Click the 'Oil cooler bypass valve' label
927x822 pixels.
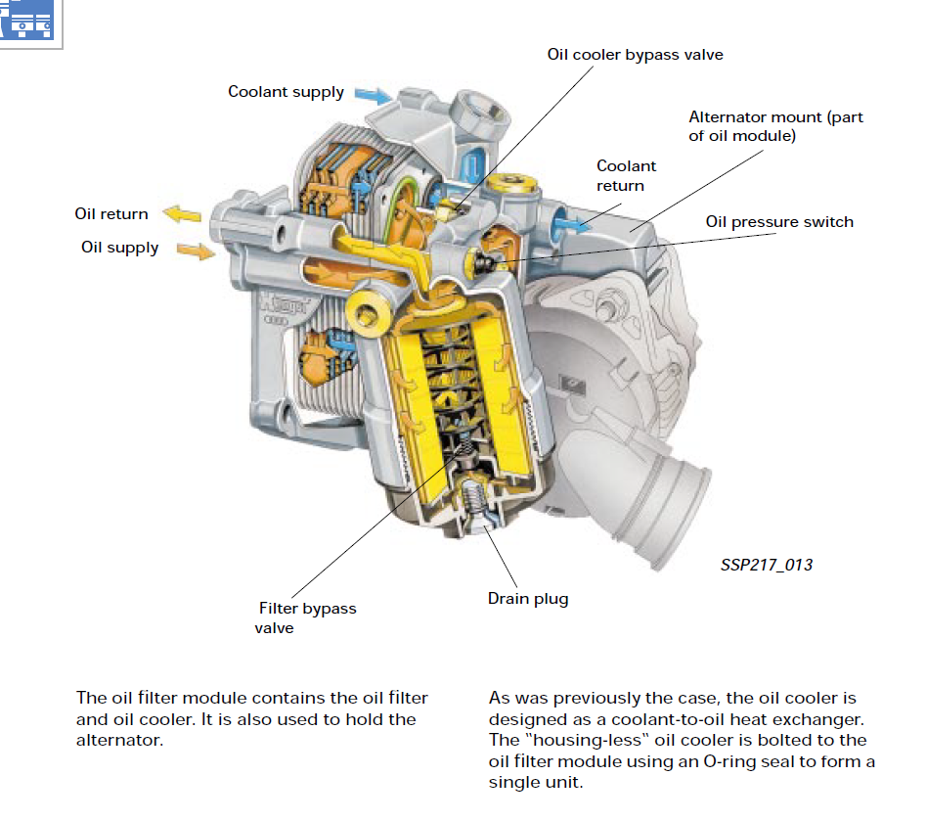pyautogui.click(x=635, y=55)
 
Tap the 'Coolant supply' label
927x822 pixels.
pyautogui.click(x=286, y=92)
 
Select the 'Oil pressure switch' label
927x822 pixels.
pyautogui.click(x=779, y=222)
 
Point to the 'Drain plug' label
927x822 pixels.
pyautogui.click(x=528, y=598)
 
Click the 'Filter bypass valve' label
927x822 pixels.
pyautogui.click(x=307, y=617)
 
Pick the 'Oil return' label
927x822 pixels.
pyautogui.click(x=111, y=214)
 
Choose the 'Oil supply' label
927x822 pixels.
pyautogui.click(x=119, y=248)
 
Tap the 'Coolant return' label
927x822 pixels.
pyautogui.click(x=626, y=175)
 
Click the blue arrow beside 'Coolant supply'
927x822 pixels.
pyautogui.click(x=372, y=95)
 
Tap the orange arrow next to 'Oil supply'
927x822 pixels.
pyautogui.click(x=196, y=251)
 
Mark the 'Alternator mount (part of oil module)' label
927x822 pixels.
pyautogui.click(x=775, y=126)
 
